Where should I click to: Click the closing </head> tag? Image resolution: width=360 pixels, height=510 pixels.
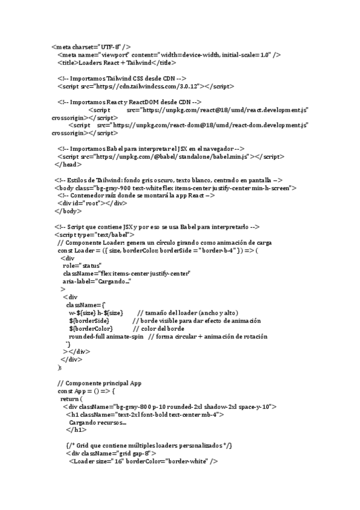(67, 164)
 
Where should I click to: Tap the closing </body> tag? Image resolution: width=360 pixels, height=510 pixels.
(68, 211)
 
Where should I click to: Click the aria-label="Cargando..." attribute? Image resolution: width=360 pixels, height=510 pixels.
(97, 281)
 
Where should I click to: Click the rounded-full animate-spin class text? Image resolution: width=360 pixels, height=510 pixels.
(106, 336)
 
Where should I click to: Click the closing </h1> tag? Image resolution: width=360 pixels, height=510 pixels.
(76, 430)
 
